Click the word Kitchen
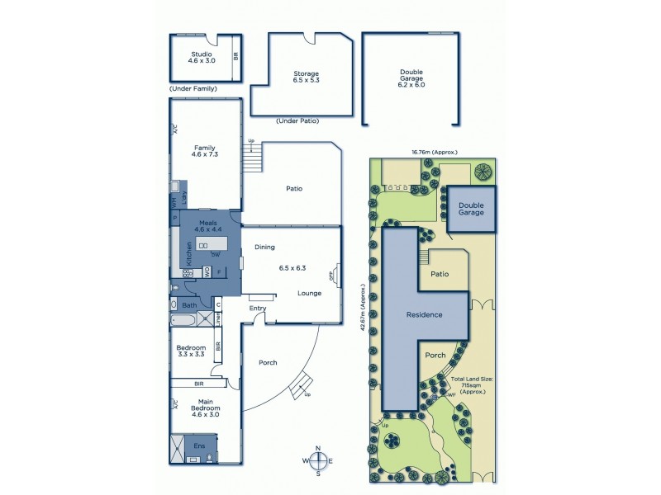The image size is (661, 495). click(190, 252)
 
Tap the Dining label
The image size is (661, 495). click(264, 247)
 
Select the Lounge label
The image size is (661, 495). click(310, 293)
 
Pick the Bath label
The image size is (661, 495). click(189, 304)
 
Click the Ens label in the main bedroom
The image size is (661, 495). click(199, 446)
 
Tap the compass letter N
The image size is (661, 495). click(318, 449)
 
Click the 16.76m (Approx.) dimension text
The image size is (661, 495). click(434, 152)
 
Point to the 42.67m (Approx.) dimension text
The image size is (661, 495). click(361, 307)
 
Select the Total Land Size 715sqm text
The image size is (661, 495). click(472, 384)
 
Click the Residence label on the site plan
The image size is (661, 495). click(423, 314)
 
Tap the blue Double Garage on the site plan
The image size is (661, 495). click(471, 209)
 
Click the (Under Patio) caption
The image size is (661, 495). click(298, 121)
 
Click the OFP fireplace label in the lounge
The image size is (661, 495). click(334, 276)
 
